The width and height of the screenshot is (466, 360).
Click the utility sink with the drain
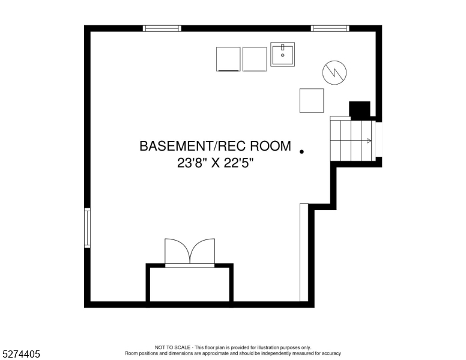tap(282, 54)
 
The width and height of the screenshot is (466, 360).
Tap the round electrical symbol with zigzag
tap(334, 72)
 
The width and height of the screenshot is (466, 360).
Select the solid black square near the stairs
tap(360, 109)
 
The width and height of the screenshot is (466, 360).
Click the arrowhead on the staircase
tap(369, 141)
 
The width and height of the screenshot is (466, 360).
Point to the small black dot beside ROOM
tap(301, 152)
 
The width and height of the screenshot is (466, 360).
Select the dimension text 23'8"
tap(192, 163)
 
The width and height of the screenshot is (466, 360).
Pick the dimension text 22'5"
tap(239, 163)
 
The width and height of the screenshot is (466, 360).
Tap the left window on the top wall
tap(162, 29)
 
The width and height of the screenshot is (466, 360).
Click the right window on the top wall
tap(330, 29)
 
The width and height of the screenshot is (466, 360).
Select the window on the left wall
tap(88, 228)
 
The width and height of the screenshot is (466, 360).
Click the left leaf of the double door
tap(177, 251)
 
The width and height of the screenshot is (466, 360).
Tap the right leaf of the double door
tap(203, 251)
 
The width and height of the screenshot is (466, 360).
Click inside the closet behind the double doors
tap(190, 284)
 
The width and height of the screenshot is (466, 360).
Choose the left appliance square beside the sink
tap(228, 59)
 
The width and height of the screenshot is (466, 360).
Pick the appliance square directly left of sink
tap(255, 59)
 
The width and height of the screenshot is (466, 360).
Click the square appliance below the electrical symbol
tap(312, 100)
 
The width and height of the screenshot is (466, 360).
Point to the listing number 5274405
tap(21, 354)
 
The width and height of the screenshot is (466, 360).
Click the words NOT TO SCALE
tap(172, 347)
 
